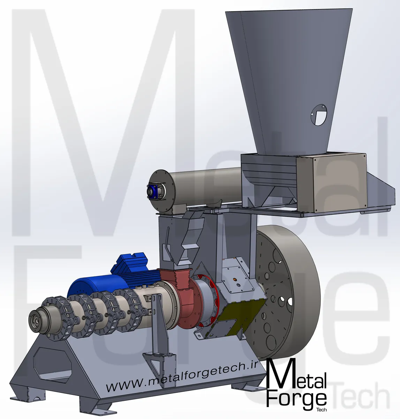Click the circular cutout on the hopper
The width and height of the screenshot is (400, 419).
point(319,115)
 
